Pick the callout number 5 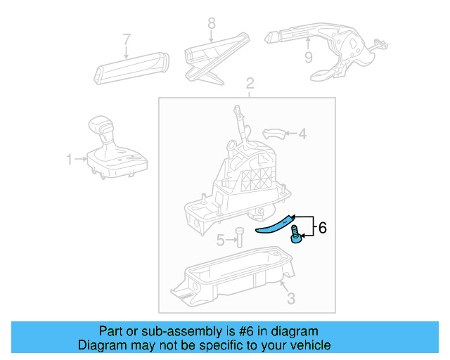[220, 240]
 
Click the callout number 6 [323, 228]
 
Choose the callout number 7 [127, 39]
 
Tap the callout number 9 [308, 58]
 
